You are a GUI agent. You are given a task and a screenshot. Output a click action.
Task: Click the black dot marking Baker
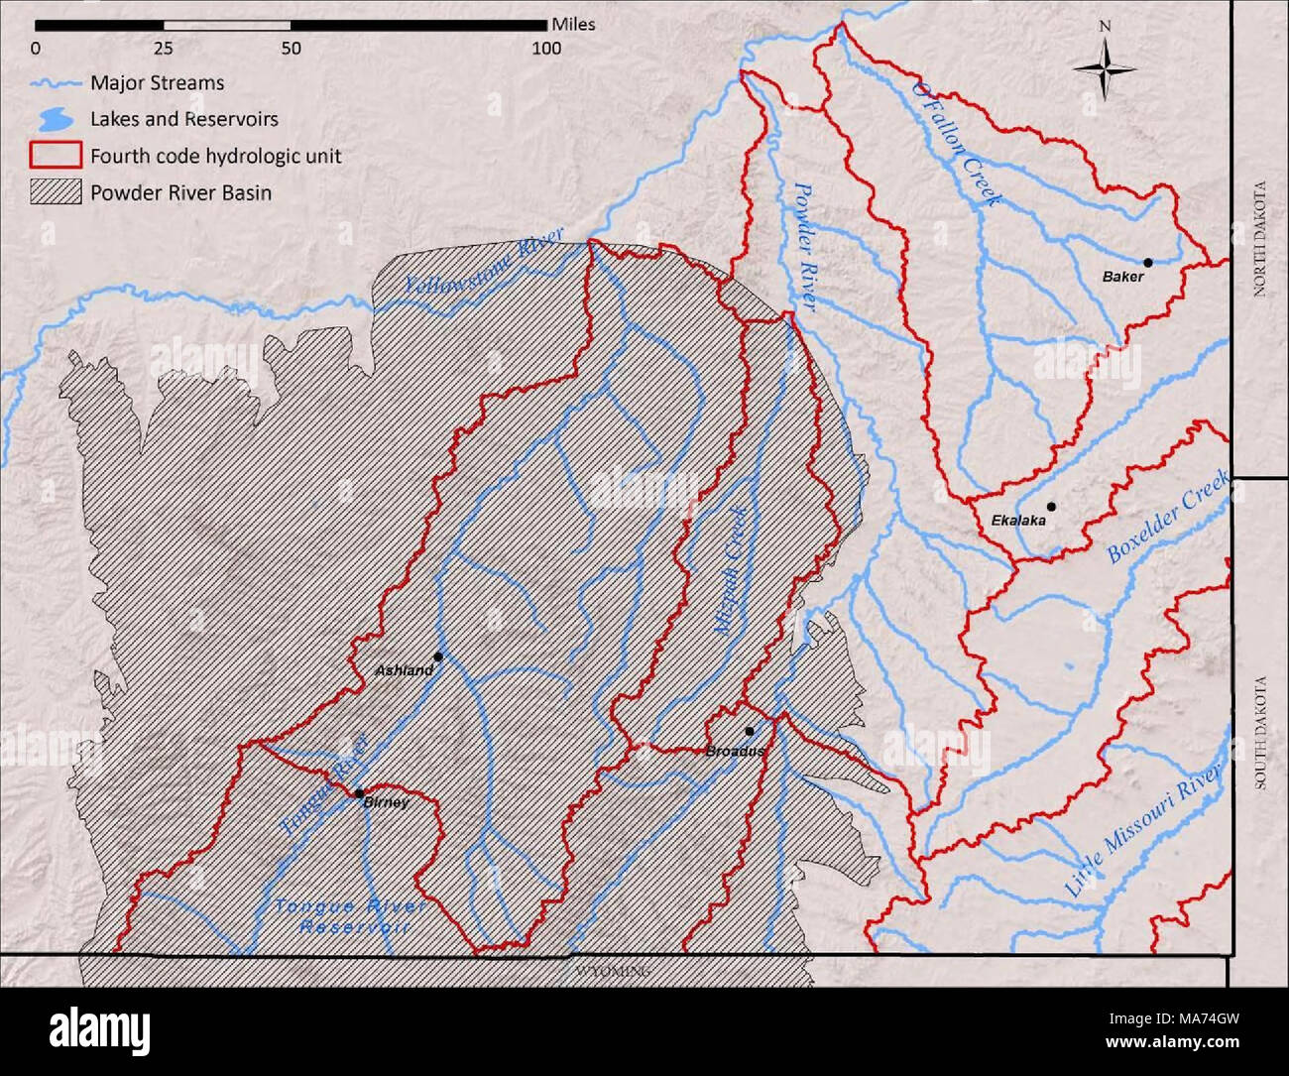point(1148,263)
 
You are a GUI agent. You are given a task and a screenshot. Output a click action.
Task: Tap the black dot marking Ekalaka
point(1051,507)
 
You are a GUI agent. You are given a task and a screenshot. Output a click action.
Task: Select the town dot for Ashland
point(438,657)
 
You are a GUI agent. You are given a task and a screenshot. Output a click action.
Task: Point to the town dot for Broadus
point(750,732)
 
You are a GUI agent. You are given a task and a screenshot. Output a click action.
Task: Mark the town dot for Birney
point(358,792)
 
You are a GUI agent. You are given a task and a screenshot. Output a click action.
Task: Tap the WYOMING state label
point(613,972)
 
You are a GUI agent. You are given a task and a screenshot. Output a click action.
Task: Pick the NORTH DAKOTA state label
point(1260,238)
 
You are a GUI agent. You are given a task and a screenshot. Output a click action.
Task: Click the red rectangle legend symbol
point(56,156)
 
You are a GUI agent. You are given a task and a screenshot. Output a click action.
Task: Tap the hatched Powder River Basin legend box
point(56,192)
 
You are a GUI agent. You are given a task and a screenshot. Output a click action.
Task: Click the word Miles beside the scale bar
point(574,24)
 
